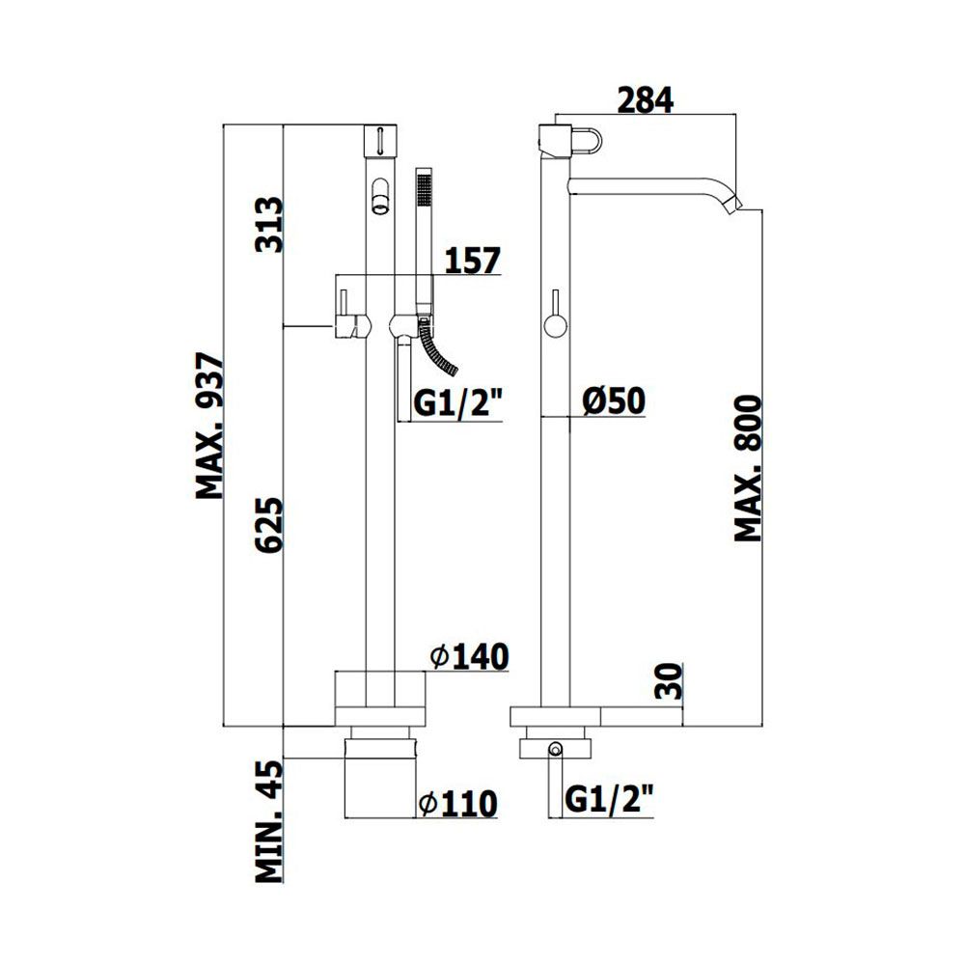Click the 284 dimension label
click(645, 100)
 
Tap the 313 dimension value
click(269, 225)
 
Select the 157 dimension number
click(473, 261)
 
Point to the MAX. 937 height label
click(210, 426)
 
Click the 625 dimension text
click(269, 525)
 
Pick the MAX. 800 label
click(749, 469)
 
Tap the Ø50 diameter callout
click(614, 401)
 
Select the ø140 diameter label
click(470, 656)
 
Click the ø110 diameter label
click(457, 804)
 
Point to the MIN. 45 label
click(269, 821)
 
